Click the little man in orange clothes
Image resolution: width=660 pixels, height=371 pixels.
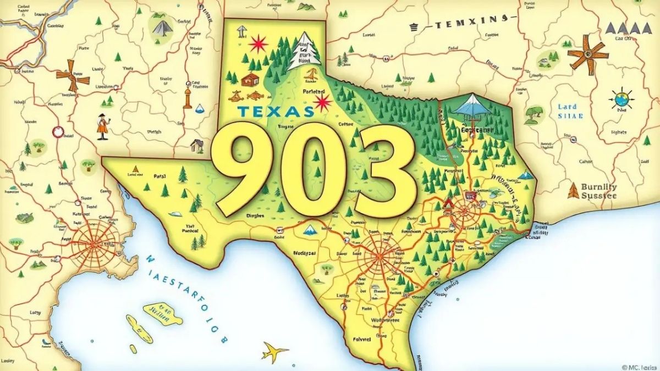click(x=102, y=126)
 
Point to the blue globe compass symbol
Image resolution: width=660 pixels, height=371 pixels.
click(x=621, y=99)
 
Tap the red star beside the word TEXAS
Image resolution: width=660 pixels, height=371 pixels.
click(x=322, y=102)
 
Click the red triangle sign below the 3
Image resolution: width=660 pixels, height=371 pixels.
click(x=447, y=204)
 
